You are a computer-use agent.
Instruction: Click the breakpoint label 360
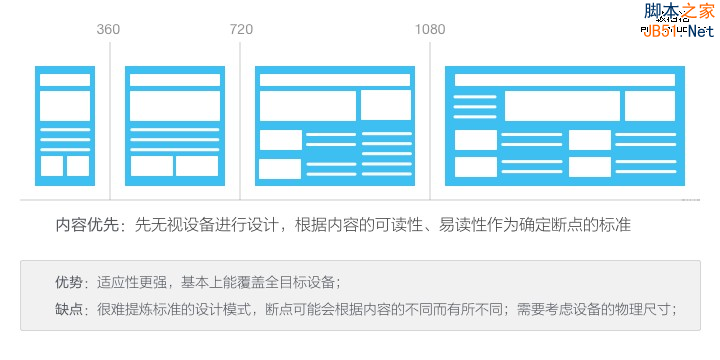click(108, 29)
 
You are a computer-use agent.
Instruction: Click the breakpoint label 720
click(241, 29)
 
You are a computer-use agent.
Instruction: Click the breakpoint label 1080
click(430, 29)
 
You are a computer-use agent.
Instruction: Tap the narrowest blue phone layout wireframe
click(65, 125)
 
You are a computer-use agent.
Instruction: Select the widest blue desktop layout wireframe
click(565, 125)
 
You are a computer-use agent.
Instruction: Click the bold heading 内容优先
click(88, 226)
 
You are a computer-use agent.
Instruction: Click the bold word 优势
click(70, 282)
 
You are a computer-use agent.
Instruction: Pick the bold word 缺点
click(70, 309)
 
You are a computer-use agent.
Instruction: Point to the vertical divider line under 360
click(110, 120)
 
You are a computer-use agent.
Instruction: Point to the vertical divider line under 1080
click(431, 120)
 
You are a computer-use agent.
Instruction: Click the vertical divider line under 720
click(241, 120)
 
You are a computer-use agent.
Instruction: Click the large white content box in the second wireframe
click(175, 106)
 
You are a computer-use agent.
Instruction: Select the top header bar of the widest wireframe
click(565, 79)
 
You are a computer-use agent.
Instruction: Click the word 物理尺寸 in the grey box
click(640, 309)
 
